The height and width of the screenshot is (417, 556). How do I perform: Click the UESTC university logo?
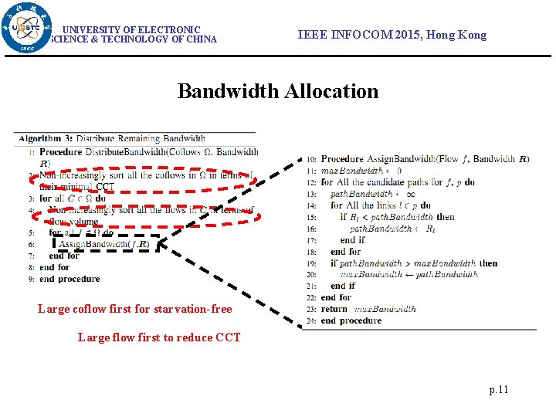pos(27,27)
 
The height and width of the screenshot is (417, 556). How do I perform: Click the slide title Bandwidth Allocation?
pos(278,91)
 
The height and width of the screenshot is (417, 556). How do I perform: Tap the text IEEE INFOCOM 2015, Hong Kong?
pos(392,35)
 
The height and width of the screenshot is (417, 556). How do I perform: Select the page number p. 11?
pos(499,389)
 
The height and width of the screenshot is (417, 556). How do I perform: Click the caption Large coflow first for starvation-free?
pos(134,309)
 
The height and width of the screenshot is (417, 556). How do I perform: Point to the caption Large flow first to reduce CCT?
pos(159,337)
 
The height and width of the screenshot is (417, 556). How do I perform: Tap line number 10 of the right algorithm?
pos(311,159)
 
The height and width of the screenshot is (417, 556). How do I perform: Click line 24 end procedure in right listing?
pos(351,320)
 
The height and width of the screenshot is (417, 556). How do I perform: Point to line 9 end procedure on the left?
pos(69,279)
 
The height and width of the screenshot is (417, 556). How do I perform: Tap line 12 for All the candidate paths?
pos(397,182)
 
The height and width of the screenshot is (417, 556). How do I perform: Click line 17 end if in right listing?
pos(353,240)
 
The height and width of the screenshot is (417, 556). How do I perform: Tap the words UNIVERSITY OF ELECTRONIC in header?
pos(131,29)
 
